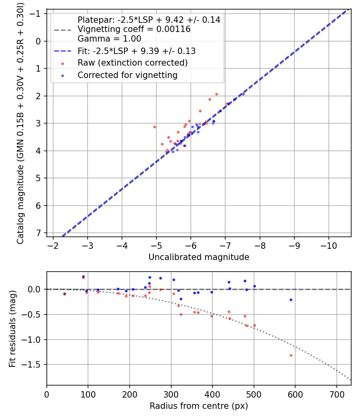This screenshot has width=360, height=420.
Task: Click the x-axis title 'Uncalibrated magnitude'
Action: (199, 257)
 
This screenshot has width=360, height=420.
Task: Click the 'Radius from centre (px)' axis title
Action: (199, 406)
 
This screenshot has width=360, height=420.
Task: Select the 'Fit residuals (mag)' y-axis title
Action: (12, 328)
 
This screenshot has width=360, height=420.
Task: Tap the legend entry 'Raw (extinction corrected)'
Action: (132, 63)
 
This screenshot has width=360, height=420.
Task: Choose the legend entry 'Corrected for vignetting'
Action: (127, 75)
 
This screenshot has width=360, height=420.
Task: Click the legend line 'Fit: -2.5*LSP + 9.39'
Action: (136, 51)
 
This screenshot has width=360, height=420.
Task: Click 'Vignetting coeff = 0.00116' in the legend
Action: (134, 29)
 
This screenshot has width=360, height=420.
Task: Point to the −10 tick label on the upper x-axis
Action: (329, 244)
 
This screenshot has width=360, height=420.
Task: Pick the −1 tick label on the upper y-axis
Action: (36, 14)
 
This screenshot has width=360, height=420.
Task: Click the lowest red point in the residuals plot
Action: (291, 355)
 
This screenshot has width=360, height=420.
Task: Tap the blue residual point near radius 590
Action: (291, 300)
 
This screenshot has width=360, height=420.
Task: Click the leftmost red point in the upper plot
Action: (154, 127)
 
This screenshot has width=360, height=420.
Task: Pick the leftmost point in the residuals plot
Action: (64, 294)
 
